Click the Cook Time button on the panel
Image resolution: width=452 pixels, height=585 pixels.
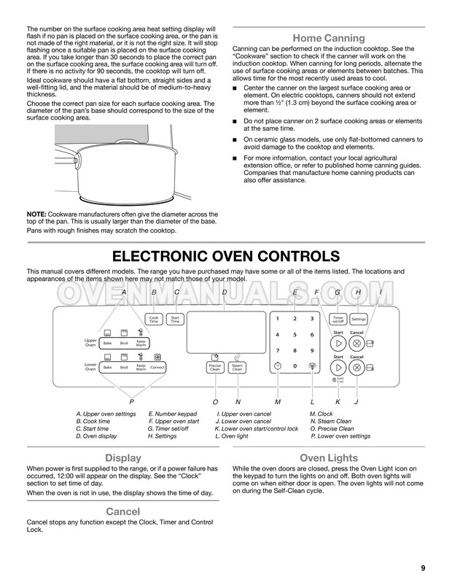[154, 319]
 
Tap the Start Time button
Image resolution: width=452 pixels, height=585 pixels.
[175, 319]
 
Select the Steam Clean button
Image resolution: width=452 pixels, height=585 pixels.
[237, 368]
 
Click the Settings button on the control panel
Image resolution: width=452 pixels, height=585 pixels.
[358, 319]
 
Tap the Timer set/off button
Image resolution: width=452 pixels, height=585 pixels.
[338, 319]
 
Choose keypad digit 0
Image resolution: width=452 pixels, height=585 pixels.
[295, 365]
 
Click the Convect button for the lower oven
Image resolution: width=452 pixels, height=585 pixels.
[157, 368]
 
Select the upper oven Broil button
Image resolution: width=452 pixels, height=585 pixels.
[124, 342]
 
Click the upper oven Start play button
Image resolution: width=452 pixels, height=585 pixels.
[338, 342]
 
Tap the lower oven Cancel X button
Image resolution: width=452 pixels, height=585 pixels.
[356, 367]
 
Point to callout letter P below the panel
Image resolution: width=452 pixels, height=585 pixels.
[131, 402]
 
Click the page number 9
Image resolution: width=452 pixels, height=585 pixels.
[424, 569]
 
